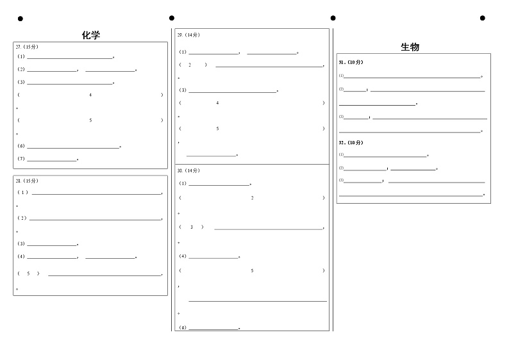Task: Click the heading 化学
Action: click(x=91, y=35)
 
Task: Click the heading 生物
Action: click(x=410, y=47)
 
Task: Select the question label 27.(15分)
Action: click(x=27, y=47)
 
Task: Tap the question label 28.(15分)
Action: click(x=27, y=181)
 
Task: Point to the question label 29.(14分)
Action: click(x=188, y=35)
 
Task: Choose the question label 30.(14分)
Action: click(x=188, y=170)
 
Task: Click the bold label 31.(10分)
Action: click(x=351, y=62)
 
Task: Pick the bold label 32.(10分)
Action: click(x=351, y=142)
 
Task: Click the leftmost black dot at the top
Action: click(x=20, y=19)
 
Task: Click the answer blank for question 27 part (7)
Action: click(x=52, y=160)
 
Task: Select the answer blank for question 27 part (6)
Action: click(x=73, y=147)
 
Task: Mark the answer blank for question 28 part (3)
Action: click(x=52, y=245)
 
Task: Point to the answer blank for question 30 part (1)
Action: click(x=219, y=184)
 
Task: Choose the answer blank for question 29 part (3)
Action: click(x=232, y=92)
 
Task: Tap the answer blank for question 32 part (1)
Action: click(x=385, y=156)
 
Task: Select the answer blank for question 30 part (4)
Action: click(x=213, y=258)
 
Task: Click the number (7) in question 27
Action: click(x=21, y=159)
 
